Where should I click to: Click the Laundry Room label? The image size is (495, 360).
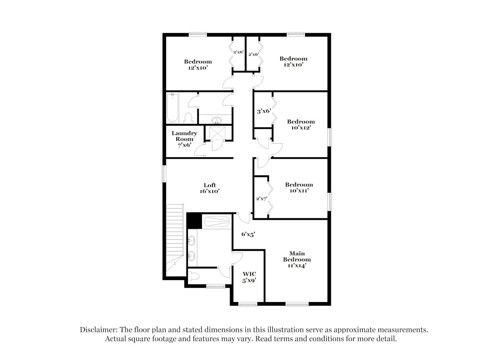[x=184, y=136]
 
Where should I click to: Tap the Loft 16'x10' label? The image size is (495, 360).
[x=210, y=188]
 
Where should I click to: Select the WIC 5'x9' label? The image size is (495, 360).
[x=249, y=277]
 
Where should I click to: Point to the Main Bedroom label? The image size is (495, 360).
[x=297, y=256]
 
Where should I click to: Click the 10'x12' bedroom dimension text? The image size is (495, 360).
[x=301, y=127]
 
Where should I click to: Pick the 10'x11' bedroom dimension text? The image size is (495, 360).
[x=299, y=190]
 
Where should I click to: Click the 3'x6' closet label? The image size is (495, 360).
[x=264, y=111]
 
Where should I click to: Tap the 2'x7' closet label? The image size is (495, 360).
[x=262, y=199]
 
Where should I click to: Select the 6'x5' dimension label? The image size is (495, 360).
[x=248, y=234]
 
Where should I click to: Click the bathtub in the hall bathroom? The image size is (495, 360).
[x=172, y=108]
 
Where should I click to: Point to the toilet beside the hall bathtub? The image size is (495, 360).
[x=189, y=118]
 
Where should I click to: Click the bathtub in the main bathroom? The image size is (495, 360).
[x=217, y=221]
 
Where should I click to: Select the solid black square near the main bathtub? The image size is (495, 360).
[x=194, y=221]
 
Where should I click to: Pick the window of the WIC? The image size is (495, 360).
[x=248, y=304]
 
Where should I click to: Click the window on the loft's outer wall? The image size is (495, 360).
[x=164, y=174]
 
